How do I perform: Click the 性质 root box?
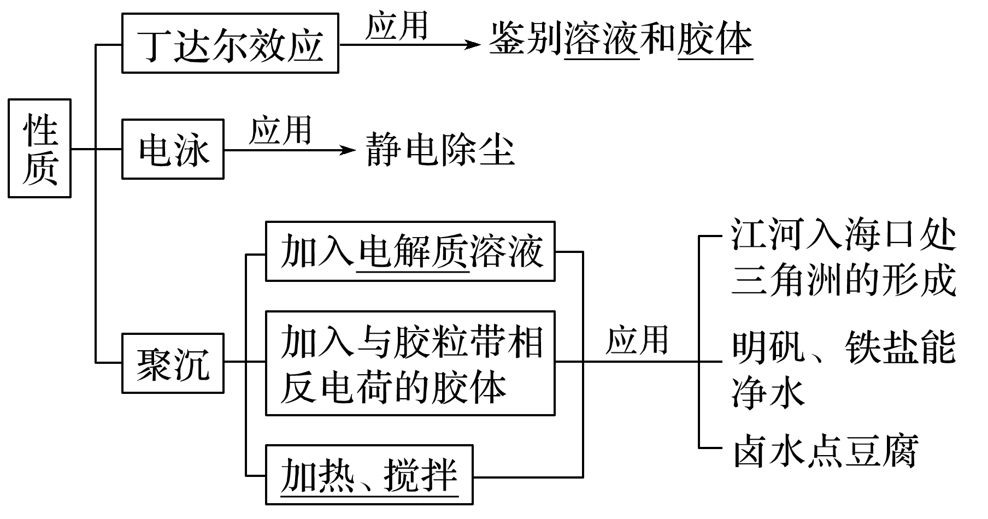(x=39, y=148)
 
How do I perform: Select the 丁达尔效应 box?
(x=230, y=44)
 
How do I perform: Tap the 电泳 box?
(x=173, y=149)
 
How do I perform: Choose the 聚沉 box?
(x=173, y=363)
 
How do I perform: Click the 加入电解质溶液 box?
(x=410, y=251)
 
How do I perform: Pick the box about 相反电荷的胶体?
(x=410, y=363)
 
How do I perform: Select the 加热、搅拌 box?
(x=369, y=475)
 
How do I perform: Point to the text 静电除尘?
(x=440, y=149)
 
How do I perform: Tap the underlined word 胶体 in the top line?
(x=715, y=39)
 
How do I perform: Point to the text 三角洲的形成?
(x=843, y=280)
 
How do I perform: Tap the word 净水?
(x=768, y=393)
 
